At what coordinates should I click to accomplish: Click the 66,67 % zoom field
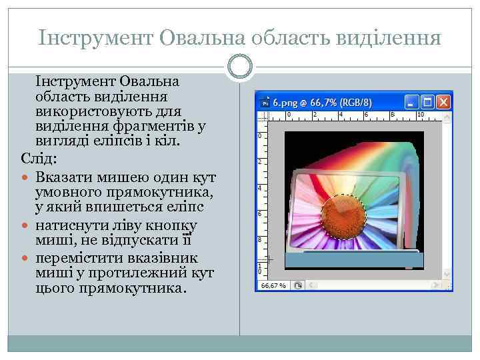(273, 285)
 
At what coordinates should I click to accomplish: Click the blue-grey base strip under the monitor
(353, 261)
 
